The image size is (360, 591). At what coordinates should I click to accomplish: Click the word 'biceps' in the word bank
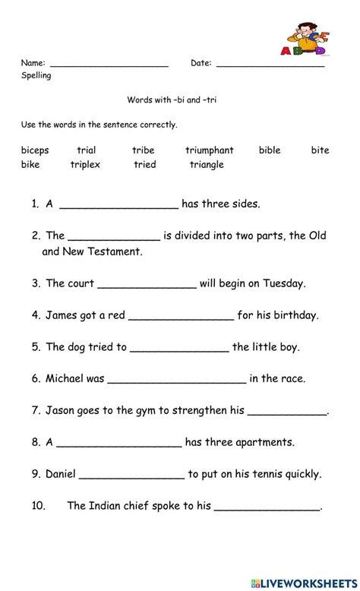click(x=34, y=150)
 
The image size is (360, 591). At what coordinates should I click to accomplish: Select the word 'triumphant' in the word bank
click(x=209, y=150)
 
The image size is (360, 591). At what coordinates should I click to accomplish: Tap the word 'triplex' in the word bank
click(x=85, y=164)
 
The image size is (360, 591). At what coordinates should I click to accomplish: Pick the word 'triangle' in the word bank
click(x=207, y=164)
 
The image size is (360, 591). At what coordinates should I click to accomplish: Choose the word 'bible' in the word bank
click(x=270, y=150)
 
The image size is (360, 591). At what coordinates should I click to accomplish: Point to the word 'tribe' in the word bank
click(x=143, y=150)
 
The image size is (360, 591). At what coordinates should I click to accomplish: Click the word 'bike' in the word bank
click(x=30, y=164)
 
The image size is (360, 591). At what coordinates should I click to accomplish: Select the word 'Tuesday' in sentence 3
click(x=283, y=283)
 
